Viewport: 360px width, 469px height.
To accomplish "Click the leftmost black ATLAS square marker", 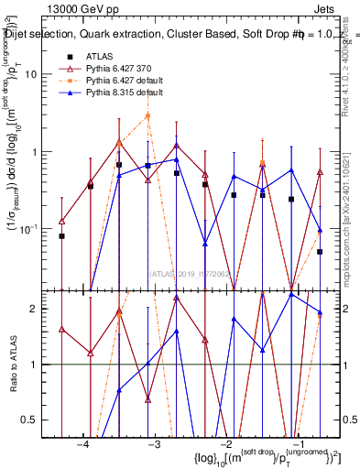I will (x=62, y=236).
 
